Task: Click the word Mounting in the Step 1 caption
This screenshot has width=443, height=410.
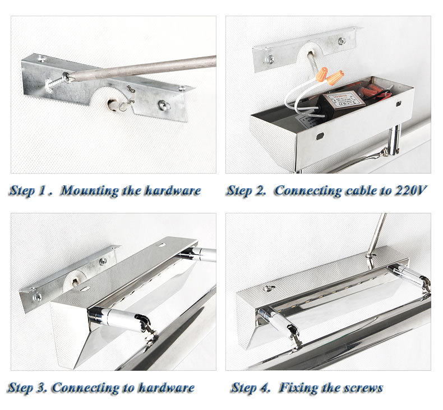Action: coord(90,191)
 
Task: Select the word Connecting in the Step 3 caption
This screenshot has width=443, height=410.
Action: coord(86,388)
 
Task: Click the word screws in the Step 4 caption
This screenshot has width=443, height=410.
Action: coord(363,388)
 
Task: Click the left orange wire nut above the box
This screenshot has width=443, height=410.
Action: coord(322,74)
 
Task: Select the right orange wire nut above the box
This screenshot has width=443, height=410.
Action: coord(335,78)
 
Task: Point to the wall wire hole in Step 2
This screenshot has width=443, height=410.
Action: coord(310,53)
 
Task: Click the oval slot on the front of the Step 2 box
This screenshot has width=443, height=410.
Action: coord(320,137)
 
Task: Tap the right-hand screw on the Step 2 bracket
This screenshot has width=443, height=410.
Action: coord(342,41)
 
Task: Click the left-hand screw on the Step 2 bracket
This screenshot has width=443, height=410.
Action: coord(270,59)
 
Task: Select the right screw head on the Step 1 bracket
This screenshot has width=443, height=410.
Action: coord(164,105)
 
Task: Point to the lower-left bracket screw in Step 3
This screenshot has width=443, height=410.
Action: coord(37,296)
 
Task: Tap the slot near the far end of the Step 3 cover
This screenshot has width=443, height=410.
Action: coord(162,245)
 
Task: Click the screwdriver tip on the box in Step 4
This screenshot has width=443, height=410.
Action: coord(368,256)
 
